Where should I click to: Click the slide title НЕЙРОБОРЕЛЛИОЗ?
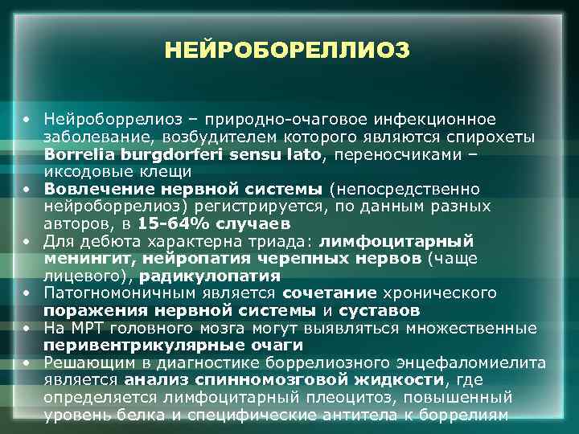288,51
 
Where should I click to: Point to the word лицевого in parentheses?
76,276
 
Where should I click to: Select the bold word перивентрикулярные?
125,346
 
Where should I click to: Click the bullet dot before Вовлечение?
27,188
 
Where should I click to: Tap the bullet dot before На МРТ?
27,328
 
